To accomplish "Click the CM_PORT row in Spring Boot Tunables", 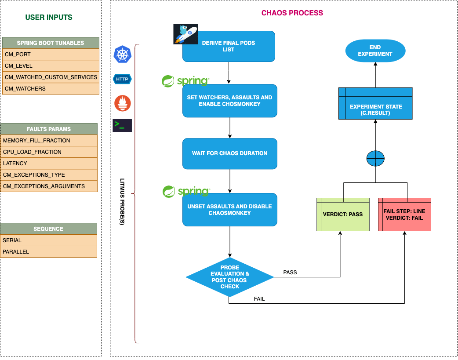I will click(x=49, y=55).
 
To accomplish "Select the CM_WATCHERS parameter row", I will click(x=49, y=89).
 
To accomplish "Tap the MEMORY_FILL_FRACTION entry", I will click(x=49, y=141).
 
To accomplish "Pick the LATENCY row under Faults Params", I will click(x=49, y=164).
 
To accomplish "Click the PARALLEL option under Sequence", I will click(x=48, y=252).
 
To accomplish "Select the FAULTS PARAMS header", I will click(x=49, y=129).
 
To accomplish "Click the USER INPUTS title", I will click(x=49, y=18).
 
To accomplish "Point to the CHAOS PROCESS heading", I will click(x=292, y=13).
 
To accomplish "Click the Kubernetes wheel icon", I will click(x=123, y=55).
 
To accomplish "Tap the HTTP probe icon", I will click(x=122, y=79).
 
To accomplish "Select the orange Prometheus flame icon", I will click(x=123, y=103).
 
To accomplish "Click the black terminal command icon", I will click(x=122, y=125).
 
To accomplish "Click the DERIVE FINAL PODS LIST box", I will click(x=229, y=46).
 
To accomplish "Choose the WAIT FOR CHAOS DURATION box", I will click(x=229, y=154).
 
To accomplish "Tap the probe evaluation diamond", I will click(x=229, y=277).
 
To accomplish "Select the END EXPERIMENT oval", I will click(x=375, y=51).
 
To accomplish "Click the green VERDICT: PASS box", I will click(x=342, y=214).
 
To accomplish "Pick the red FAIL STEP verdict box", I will click(x=404, y=214).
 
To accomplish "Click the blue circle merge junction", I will click(x=375, y=158).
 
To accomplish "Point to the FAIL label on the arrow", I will click(x=259, y=299).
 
